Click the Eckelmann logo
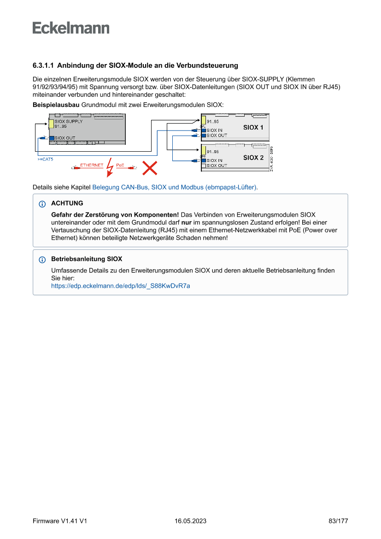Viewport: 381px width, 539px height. pos(71,28)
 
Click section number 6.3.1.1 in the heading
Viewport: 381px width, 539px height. pos(43,65)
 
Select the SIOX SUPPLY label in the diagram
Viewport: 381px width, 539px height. pos(69,122)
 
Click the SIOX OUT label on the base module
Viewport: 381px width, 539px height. pos(64,138)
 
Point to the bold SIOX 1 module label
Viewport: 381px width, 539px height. pos(253,127)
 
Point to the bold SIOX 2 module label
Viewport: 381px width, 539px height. pos(253,158)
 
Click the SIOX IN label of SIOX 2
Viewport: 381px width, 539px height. pos(214,160)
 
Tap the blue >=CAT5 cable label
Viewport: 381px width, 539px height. pos(45,159)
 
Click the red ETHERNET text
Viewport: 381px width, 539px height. pos(92,165)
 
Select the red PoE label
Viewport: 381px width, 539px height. pos(120,165)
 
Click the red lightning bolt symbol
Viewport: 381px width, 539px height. pos(110,167)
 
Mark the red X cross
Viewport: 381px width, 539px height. pos(149,168)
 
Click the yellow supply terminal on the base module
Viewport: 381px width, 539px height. pos(52,124)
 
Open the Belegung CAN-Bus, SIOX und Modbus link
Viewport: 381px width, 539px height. pos(175,188)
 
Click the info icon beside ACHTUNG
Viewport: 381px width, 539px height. pos(42,204)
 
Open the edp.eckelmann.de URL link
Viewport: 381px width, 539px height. pos(120,286)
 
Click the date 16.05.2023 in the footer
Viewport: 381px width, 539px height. pos(190,521)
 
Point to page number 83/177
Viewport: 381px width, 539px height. pos(338,521)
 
